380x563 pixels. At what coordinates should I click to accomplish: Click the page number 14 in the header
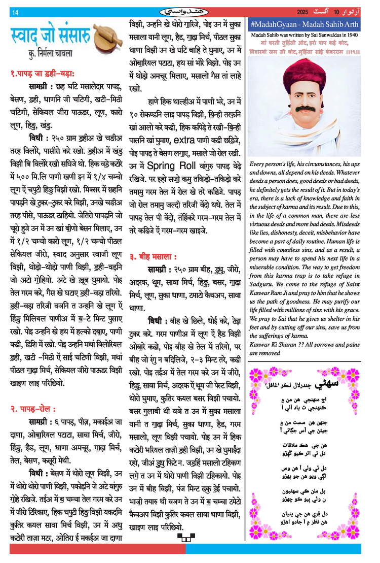click(x=15, y=12)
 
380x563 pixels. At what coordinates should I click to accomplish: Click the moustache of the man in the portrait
click(x=306, y=108)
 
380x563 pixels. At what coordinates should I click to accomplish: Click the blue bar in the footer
click(x=274, y=549)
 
